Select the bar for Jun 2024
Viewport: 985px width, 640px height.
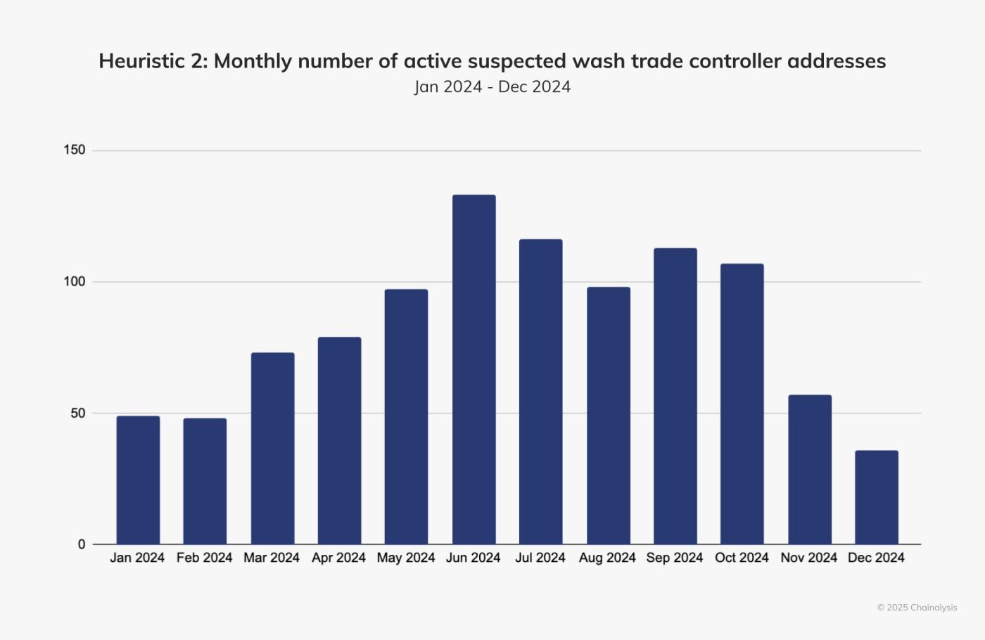click(x=474, y=369)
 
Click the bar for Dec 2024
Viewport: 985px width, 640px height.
click(x=876, y=497)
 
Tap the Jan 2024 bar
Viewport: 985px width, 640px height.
click(x=138, y=480)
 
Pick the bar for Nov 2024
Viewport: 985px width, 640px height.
click(x=809, y=469)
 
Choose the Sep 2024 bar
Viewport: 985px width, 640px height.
click(x=675, y=396)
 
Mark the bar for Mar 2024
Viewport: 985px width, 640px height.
click(x=272, y=448)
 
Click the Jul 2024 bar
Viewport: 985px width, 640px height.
click(x=540, y=392)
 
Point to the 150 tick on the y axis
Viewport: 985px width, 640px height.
click(x=74, y=150)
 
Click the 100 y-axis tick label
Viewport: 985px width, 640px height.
click(x=74, y=281)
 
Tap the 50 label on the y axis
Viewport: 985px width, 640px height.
click(x=77, y=413)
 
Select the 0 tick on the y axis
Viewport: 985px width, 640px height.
click(x=82, y=544)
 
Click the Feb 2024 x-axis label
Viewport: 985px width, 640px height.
click(x=204, y=558)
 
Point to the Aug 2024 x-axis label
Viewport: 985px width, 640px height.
click(x=607, y=558)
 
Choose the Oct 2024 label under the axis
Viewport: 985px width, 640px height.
click(x=742, y=558)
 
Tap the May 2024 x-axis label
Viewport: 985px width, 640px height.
click(x=406, y=558)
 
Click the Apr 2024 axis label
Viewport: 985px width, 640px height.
click(x=338, y=558)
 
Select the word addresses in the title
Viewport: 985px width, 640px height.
click(x=837, y=61)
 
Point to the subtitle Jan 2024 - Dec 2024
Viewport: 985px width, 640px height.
click(x=493, y=87)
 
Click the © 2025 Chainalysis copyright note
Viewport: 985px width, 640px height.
click(x=917, y=608)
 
